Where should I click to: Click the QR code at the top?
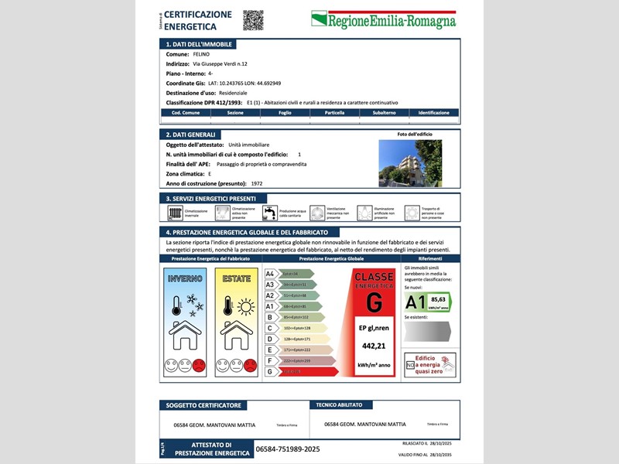click(253, 20)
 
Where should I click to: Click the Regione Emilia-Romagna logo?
click(383, 20)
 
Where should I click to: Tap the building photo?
click(410, 163)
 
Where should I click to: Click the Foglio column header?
click(285, 113)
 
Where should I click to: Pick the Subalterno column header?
click(384, 113)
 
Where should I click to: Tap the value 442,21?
click(373, 346)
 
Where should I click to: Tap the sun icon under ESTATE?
click(245, 307)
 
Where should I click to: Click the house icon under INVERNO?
click(185, 335)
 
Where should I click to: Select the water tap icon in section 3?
click(269, 213)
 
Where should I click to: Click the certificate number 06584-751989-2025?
click(287, 449)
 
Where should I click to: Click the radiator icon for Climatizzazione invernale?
click(175, 213)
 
